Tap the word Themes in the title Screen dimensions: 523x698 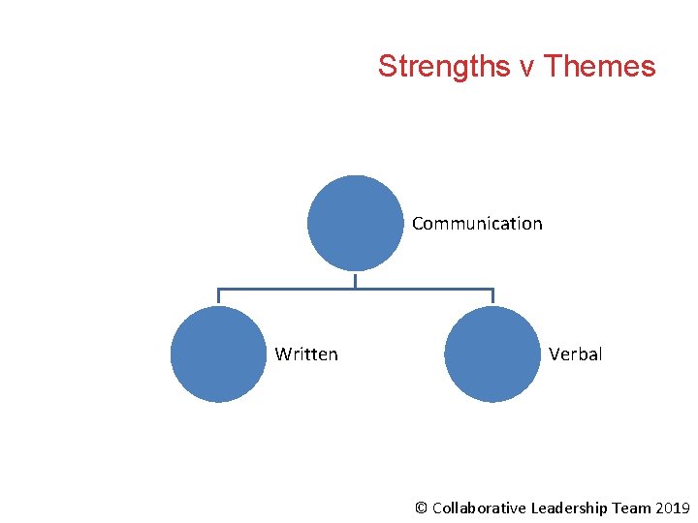[600, 67]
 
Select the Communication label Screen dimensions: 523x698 [477, 224]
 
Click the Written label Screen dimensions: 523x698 [306, 354]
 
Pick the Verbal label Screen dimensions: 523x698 [575, 354]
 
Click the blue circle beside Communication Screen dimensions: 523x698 [355, 223]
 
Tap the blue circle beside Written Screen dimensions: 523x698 [218, 354]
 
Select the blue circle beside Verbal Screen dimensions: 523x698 [492, 354]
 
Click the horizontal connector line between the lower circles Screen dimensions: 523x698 [291, 289]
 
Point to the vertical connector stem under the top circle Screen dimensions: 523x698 [355, 280]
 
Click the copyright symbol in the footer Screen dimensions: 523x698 [421, 508]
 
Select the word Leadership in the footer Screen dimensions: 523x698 [569, 508]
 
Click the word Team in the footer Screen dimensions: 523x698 [633, 508]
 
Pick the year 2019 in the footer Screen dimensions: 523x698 [673, 508]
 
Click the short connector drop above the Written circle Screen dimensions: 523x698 [218, 297]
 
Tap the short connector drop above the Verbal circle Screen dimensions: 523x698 [492, 297]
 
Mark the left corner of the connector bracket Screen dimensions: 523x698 [218, 289]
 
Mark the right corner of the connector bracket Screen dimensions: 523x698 [492, 289]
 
